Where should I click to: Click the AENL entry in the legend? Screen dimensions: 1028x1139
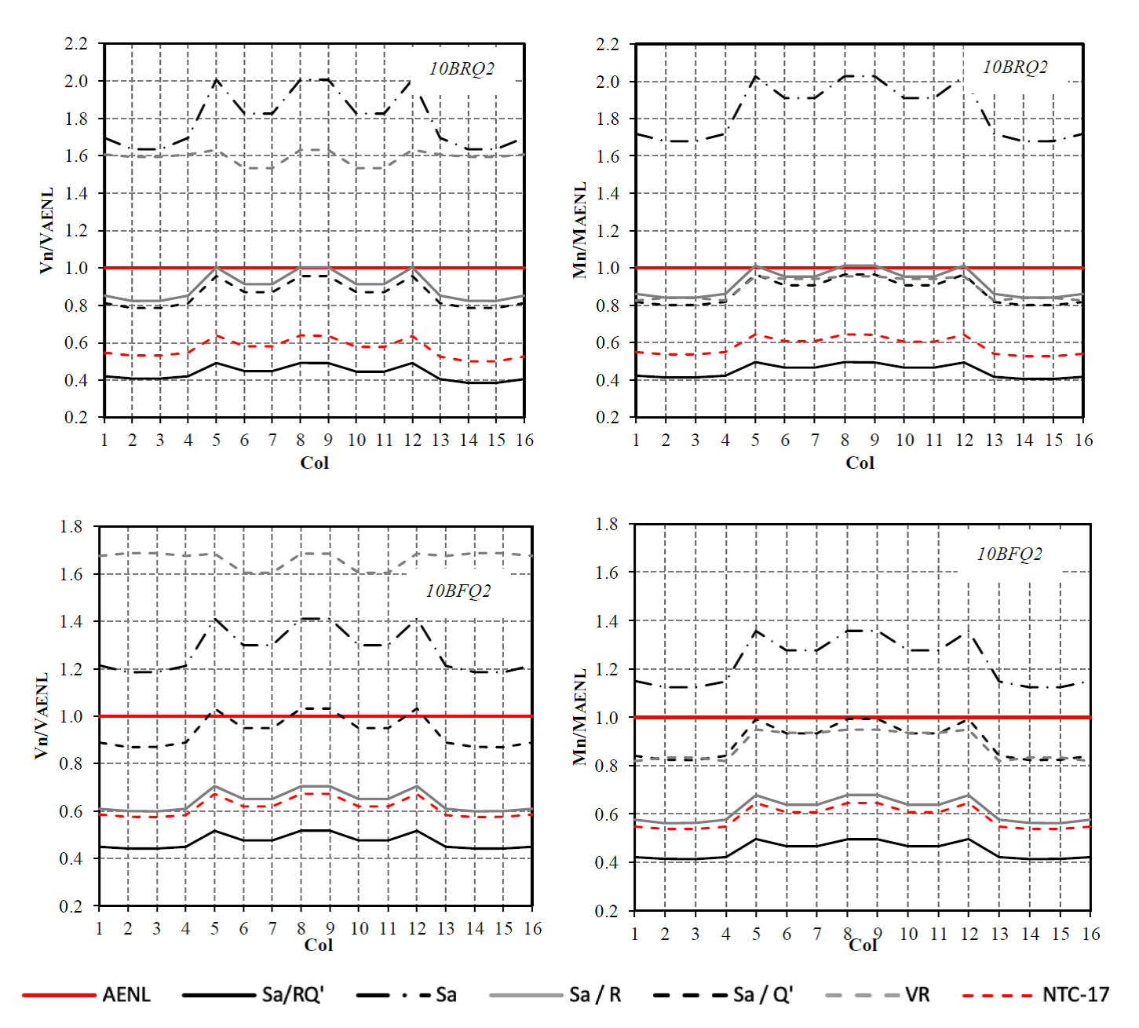pos(126,995)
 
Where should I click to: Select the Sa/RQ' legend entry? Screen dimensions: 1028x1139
pos(292,995)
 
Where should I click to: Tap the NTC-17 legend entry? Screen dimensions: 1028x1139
pos(1075,995)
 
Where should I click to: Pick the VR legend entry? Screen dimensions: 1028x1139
pos(917,995)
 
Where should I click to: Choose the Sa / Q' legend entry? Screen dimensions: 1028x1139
pos(762,995)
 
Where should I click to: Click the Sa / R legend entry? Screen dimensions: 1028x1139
pos(594,995)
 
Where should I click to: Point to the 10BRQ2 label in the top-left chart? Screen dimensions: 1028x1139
pos(462,69)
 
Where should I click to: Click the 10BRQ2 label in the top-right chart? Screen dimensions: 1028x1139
pos(1015,68)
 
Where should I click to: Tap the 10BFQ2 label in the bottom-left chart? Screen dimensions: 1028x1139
pos(458,591)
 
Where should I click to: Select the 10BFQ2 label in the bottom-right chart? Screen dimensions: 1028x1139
pos(1009,554)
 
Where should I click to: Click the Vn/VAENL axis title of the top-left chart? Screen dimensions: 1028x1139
pos(47,230)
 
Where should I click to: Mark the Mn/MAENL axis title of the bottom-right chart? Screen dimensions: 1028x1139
pos(580,716)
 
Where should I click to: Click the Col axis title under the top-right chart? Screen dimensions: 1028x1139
pos(860,463)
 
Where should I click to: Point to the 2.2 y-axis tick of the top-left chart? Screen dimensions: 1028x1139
pos(76,44)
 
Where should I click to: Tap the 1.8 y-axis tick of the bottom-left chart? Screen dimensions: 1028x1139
pos(71,527)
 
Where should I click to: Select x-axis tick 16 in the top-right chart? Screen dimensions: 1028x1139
pos(1083,441)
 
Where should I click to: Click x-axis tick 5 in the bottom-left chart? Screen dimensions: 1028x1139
pos(214,929)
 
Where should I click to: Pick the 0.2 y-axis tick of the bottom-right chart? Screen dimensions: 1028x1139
pos(607,911)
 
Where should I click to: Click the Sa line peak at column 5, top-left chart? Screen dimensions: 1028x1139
pos(216,79)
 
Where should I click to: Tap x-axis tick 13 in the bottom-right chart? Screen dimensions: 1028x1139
pos(999,935)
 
